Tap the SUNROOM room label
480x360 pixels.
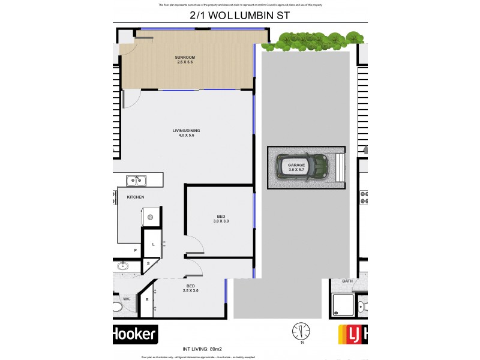(185, 57)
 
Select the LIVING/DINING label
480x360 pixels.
(186, 131)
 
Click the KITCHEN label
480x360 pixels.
(135, 197)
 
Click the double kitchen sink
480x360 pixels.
(136, 180)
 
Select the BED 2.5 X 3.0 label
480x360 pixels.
(191, 288)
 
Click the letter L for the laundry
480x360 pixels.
(154, 244)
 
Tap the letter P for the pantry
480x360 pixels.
(136, 251)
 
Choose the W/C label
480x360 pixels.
(127, 298)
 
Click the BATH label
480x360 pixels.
(347, 281)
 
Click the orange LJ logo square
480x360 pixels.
(350, 334)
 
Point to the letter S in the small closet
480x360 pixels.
(148, 263)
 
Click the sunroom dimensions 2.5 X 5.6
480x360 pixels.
(185, 62)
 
